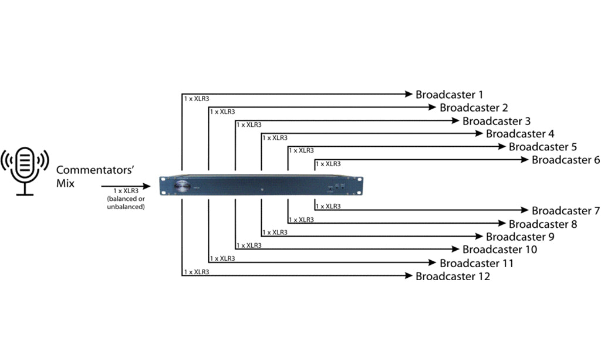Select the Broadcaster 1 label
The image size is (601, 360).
click(x=450, y=95)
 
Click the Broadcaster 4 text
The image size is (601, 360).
click(x=520, y=134)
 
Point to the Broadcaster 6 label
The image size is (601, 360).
click(x=566, y=160)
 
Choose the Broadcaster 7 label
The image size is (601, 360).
click(x=566, y=211)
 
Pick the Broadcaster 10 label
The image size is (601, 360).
click(x=499, y=250)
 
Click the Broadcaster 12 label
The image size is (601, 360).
click(x=453, y=276)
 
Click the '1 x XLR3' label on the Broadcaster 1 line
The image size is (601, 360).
click(x=196, y=99)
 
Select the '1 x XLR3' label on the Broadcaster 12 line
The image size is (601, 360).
click(x=196, y=272)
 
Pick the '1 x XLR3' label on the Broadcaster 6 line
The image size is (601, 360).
click(x=328, y=164)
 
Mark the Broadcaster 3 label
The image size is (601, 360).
click(x=497, y=122)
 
